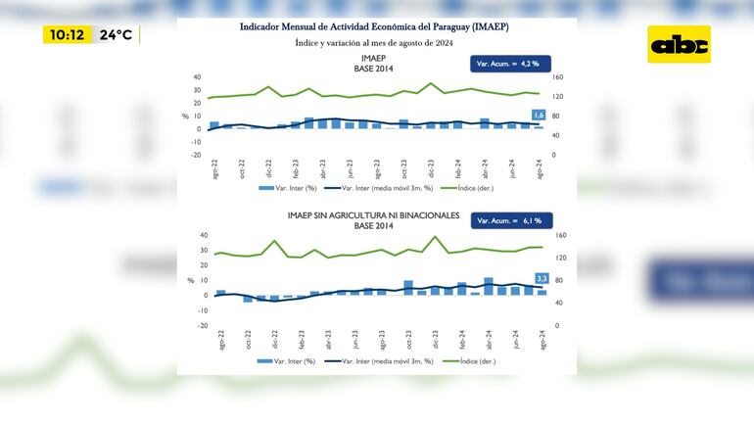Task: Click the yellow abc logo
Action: point(679,44)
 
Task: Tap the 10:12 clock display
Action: point(67,35)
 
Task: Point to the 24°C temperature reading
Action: point(116,35)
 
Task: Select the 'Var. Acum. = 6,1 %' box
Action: point(512,221)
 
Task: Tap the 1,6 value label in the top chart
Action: point(538,116)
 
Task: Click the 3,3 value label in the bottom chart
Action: point(542,279)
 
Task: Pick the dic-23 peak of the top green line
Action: point(432,83)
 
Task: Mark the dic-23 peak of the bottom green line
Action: point(436,237)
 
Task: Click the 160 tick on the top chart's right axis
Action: point(558,77)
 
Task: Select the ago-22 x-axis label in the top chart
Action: point(214,168)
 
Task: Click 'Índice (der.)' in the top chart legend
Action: point(474,187)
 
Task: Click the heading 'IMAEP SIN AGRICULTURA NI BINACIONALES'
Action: point(373,215)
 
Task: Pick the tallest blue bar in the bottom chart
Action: point(489,286)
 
